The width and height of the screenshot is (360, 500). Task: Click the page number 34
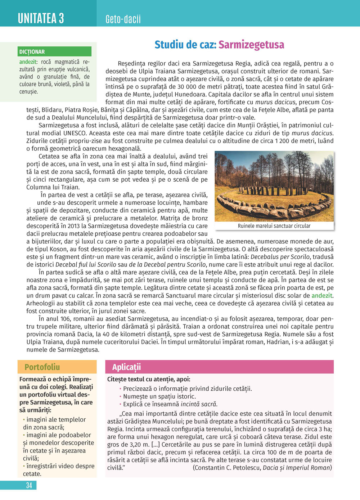tap(29, 485)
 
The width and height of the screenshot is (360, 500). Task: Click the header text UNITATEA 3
tap(41, 18)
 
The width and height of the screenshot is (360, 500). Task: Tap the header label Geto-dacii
tap(123, 19)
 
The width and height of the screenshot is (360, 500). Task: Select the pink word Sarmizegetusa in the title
tap(251, 45)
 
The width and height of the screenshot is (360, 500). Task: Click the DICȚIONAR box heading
tap(32, 52)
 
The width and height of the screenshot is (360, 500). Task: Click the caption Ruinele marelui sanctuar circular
tap(274, 226)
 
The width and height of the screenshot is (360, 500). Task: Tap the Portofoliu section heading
tap(42, 367)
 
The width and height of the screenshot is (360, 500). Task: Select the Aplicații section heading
tap(126, 367)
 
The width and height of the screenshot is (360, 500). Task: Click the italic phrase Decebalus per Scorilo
tap(280, 257)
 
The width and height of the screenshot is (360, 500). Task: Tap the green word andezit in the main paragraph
tap(322, 296)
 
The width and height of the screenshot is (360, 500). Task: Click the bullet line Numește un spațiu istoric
tap(159, 396)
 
